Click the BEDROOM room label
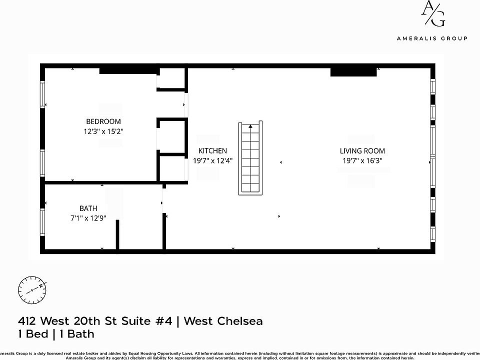pyautogui.click(x=103, y=121)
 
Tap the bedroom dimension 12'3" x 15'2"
pyautogui.click(x=103, y=131)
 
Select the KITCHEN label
pyautogui.click(x=212, y=150)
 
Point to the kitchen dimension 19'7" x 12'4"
pyautogui.click(x=212, y=161)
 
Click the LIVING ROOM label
pyautogui.click(x=362, y=150)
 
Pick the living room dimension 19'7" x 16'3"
pyautogui.click(x=362, y=161)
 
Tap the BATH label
pyautogui.click(x=88, y=208)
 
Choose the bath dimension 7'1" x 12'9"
pyautogui.click(x=88, y=218)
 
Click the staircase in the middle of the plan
pyautogui.click(x=250, y=158)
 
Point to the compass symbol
pyautogui.click(x=32, y=289)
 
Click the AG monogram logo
pyautogui.click(x=432, y=13)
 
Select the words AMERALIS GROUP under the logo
pyautogui.click(x=432, y=38)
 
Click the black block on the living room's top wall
pyautogui.click(x=353, y=71)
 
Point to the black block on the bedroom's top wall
pyautogui.click(x=128, y=70)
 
